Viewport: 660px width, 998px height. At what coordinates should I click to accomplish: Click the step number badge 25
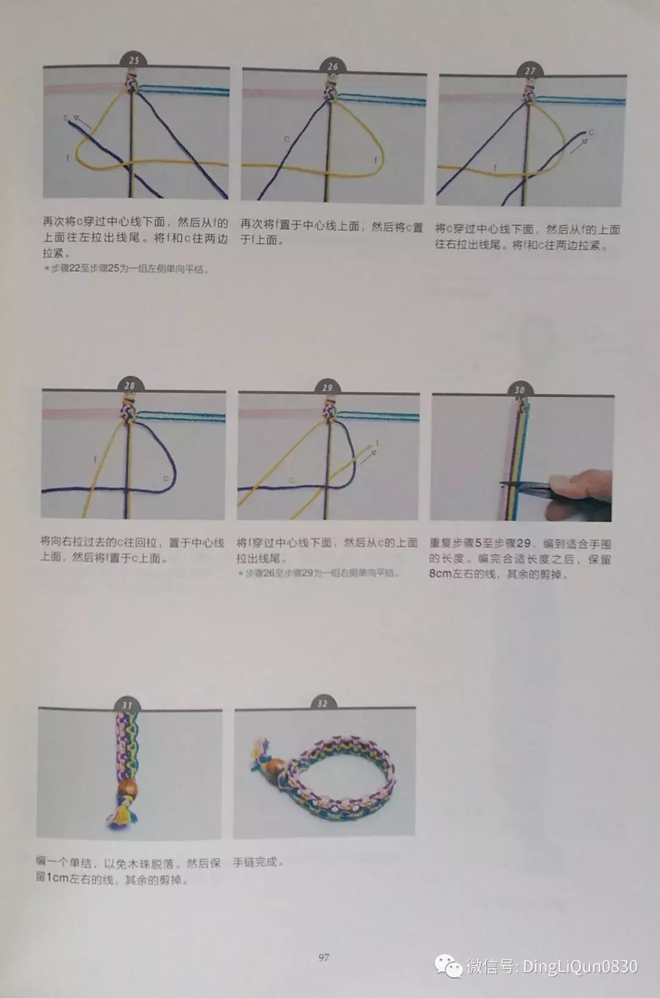(x=134, y=60)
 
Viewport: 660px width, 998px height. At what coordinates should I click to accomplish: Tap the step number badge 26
(x=332, y=66)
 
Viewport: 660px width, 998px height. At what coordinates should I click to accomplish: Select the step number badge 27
(x=530, y=71)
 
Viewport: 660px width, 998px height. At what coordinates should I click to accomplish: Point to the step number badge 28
(x=130, y=385)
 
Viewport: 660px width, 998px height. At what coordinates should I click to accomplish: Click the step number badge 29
(x=327, y=387)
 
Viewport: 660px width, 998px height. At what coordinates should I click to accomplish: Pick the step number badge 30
(x=519, y=390)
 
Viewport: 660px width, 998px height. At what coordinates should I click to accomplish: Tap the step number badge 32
(x=322, y=704)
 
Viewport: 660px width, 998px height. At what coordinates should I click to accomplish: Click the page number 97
(x=324, y=957)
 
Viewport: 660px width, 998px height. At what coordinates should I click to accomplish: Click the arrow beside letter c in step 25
(x=83, y=124)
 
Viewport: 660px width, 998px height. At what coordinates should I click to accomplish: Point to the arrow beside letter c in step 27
(x=579, y=145)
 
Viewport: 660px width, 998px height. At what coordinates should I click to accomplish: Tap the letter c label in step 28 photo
(x=166, y=478)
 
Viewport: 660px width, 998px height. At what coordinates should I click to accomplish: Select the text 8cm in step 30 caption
(x=442, y=574)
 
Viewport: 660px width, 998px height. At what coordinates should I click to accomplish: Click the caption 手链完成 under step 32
(x=258, y=862)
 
